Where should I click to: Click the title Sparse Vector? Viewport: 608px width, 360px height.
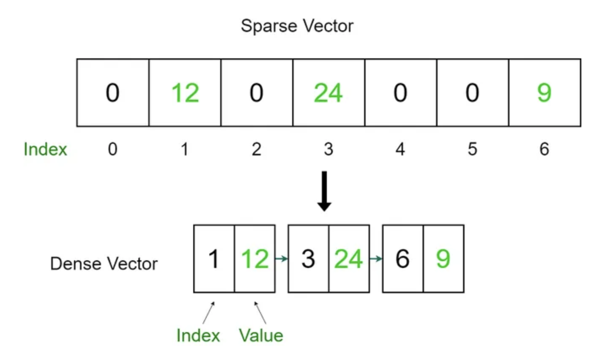pos(297,26)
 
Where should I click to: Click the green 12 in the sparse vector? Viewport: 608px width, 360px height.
pos(185,93)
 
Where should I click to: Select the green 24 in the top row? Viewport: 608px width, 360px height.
pos(328,93)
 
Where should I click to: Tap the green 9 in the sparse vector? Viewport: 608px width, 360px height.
pos(544,93)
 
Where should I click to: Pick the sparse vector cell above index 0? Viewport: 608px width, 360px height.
pos(112,93)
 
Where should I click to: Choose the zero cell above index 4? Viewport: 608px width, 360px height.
pos(400,93)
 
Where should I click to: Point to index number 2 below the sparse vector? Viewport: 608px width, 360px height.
pos(256,149)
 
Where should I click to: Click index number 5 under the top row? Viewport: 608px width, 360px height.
pos(472,149)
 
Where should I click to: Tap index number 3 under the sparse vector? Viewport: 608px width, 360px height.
pos(329,149)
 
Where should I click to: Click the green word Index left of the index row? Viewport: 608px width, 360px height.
pos(45,149)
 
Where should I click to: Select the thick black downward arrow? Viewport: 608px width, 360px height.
pos(324,191)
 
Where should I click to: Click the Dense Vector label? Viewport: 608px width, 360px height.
pos(104,264)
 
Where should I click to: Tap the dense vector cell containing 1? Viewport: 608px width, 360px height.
pos(214,259)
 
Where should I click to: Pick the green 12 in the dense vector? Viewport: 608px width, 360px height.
pos(255,259)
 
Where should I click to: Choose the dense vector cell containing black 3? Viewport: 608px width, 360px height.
pos(308,259)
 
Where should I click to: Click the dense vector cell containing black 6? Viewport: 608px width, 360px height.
pos(403,259)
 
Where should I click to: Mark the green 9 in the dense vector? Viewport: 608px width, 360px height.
pos(443,259)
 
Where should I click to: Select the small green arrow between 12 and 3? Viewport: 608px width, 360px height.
pos(282,259)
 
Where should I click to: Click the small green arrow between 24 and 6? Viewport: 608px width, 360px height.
pos(376,259)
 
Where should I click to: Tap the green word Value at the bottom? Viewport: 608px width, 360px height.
pos(261,335)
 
